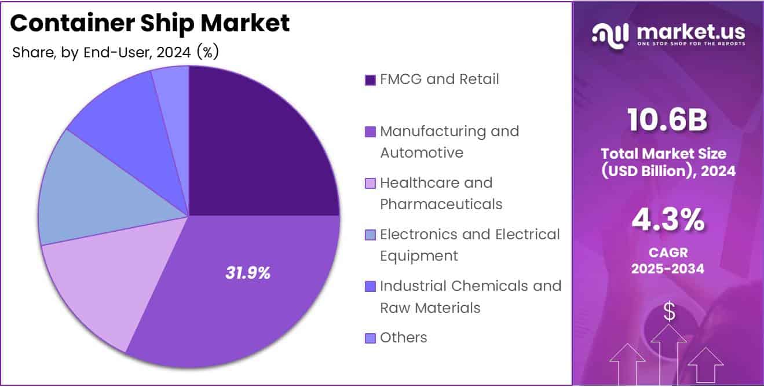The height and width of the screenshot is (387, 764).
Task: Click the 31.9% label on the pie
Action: pyautogui.click(x=248, y=273)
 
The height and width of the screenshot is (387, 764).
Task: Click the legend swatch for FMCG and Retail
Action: pyautogui.click(x=370, y=80)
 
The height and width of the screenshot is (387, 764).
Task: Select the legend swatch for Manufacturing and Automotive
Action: pyautogui.click(x=370, y=132)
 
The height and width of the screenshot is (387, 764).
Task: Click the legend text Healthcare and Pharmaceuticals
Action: pyautogui.click(x=440, y=193)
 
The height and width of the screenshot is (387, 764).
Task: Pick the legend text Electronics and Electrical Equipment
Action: pyautogui.click(x=469, y=245)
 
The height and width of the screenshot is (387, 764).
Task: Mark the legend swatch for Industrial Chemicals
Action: pyautogui.click(x=370, y=287)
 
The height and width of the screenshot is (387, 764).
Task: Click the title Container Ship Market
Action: pyautogui.click(x=149, y=23)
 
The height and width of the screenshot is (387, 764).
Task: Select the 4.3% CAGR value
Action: pyautogui.click(x=668, y=221)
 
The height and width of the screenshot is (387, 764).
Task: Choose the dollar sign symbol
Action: pyautogui.click(x=669, y=312)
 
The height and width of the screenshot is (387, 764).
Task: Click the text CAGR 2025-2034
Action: pyautogui.click(x=668, y=261)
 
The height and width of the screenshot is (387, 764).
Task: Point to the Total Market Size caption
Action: pyautogui.click(x=668, y=162)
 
